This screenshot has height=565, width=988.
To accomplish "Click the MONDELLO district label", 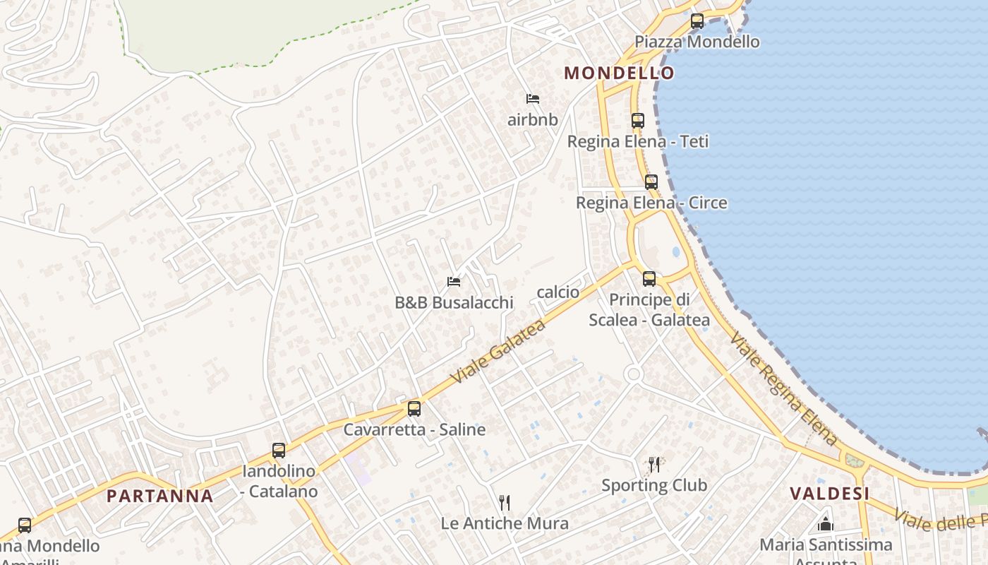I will pos(619,73).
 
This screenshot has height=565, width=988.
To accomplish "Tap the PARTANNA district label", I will pos(160,496).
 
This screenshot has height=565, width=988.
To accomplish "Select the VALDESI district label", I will pos(829,494).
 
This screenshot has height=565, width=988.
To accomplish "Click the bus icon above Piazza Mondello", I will pos(697,21).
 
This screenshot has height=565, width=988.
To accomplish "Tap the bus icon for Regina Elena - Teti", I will pos(638,121).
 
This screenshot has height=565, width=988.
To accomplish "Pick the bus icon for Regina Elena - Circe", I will pos(651,182).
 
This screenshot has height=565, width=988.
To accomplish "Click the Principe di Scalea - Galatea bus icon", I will pos(649,279).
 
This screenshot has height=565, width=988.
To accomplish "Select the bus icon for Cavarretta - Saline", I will pos(414,409).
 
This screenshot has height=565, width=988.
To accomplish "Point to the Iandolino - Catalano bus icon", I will pos(279,451).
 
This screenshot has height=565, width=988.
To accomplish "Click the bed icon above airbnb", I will pos(533,99).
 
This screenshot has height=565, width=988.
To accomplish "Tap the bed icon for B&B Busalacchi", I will pos(454,282).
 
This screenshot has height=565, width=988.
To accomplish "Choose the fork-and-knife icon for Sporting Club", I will pos(654,464).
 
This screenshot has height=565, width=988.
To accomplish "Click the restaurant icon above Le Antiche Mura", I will pos(505,503).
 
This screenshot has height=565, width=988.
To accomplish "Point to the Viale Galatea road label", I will pos(498,352).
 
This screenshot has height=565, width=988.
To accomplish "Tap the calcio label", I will pos(558,292).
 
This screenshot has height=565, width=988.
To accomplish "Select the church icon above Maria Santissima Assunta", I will pos(826,524).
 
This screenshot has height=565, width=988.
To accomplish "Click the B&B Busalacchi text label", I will pos(454,303).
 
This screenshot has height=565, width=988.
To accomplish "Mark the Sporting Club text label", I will pos(654,485).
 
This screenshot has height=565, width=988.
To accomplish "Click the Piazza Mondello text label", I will pos(697,42).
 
